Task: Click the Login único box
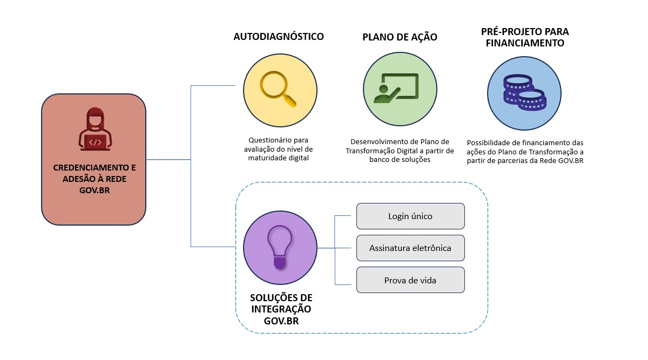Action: (x=410, y=216)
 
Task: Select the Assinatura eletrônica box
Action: (x=410, y=248)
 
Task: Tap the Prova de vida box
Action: (x=410, y=280)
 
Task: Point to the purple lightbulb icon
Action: (x=279, y=247)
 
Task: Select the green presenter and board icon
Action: (x=399, y=87)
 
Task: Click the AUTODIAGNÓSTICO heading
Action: (x=279, y=37)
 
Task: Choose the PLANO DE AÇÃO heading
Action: (x=400, y=37)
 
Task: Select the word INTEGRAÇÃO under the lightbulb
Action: (x=281, y=309)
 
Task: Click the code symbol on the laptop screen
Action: (x=95, y=142)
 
